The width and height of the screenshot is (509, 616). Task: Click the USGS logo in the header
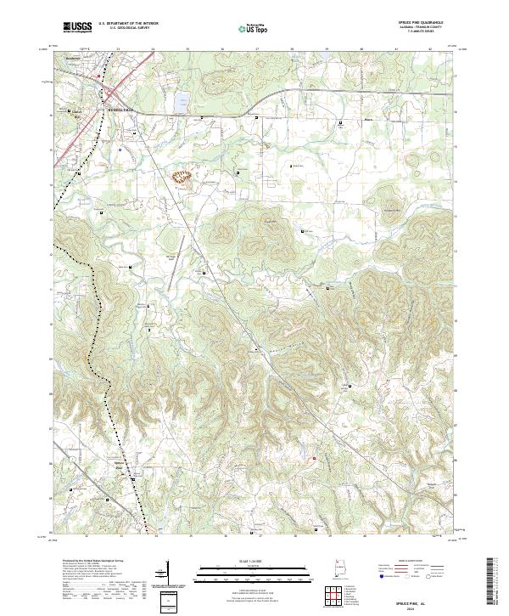point(77,27)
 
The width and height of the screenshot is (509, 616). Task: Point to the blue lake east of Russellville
point(181,103)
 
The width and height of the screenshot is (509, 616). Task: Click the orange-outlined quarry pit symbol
point(182,178)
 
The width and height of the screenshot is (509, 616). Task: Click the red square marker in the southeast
point(314,460)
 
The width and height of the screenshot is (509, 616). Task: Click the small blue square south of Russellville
point(120,148)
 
